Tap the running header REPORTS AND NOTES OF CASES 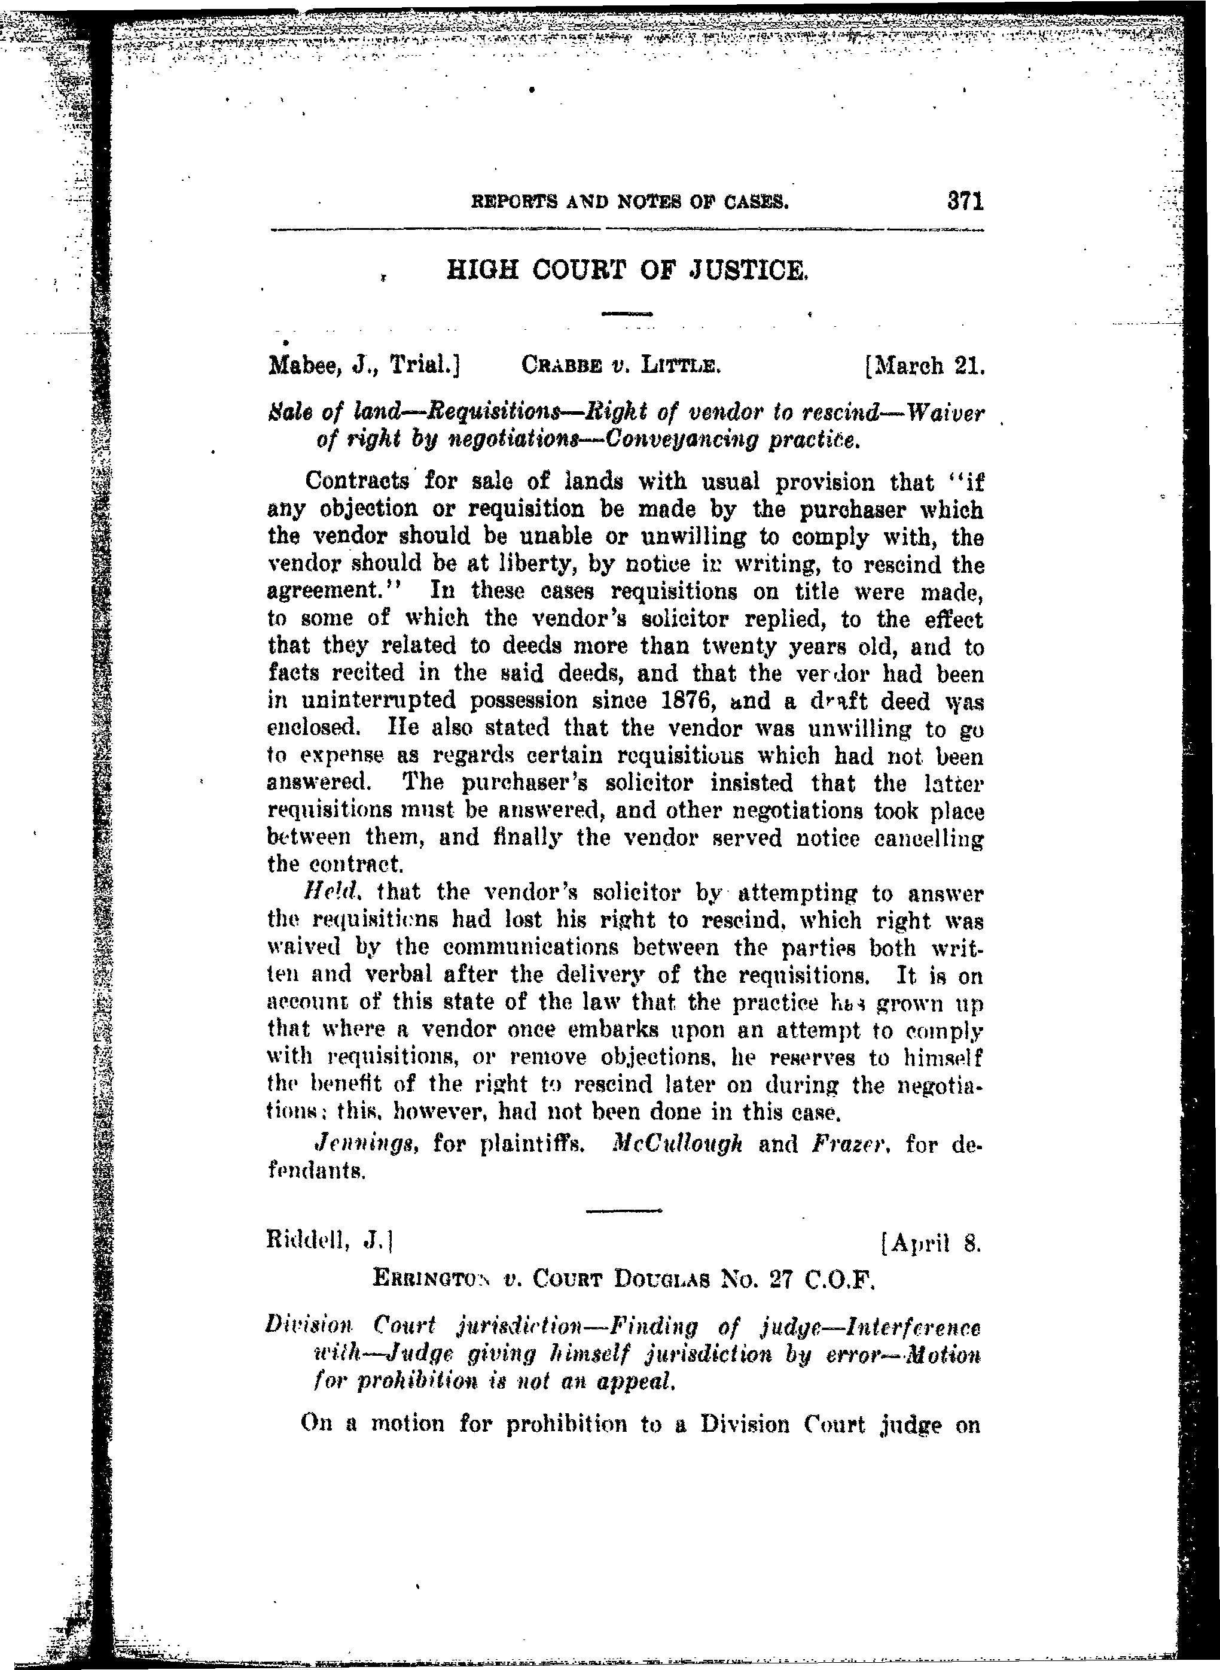tap(630, 201)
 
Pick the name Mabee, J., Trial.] tap(364, 365)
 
